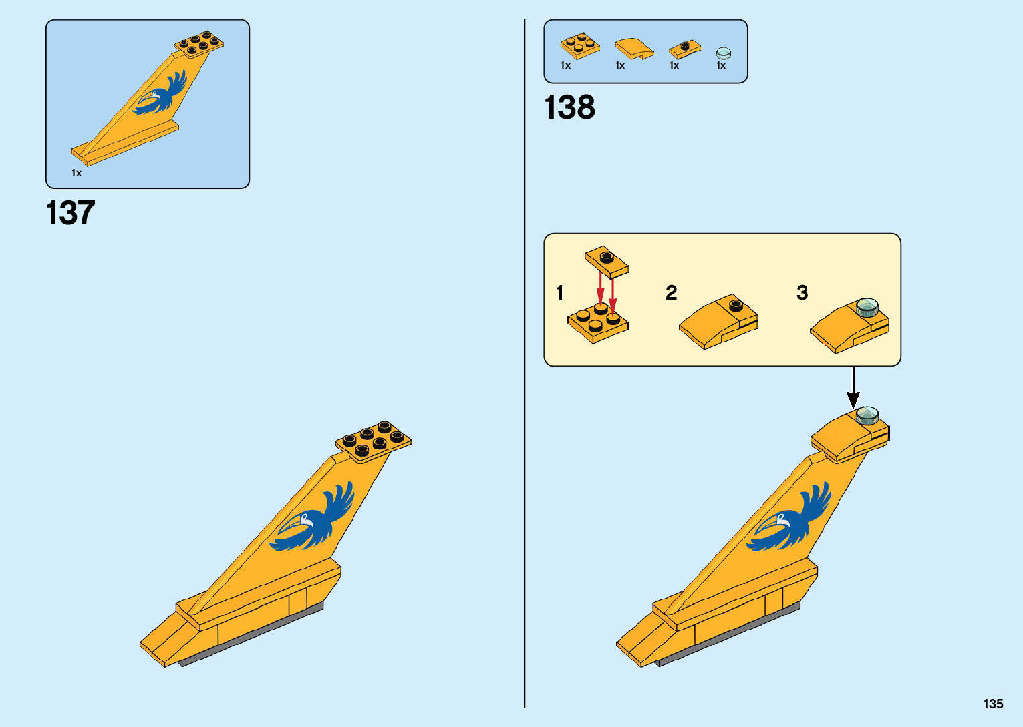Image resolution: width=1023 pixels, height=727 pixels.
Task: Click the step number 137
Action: [x=70, y=214]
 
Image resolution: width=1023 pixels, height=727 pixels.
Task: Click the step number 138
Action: [x=569, y=107]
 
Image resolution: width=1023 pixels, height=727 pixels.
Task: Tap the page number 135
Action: [x=993, y=704]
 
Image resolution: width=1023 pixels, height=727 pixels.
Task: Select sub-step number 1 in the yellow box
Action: [x=560, y=292]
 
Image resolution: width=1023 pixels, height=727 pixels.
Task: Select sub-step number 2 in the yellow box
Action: [x=671, y=292]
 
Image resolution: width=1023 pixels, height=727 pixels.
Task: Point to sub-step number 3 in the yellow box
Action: [x=802, y=292]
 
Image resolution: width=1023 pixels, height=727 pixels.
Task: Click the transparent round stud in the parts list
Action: [x=723, y=53]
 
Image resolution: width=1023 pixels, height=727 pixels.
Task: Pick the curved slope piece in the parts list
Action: [x=633, y=49]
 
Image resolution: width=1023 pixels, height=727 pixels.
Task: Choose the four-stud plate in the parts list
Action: [x=579, y=46]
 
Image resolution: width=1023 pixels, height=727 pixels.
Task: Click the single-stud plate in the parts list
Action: [x=684, y=49]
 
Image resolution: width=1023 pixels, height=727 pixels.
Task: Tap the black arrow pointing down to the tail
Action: [x=853, y=388]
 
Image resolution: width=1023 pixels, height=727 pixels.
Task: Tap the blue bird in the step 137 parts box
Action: [x=161, y=95]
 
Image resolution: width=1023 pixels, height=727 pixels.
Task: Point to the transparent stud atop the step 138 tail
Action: [x=867, y=415]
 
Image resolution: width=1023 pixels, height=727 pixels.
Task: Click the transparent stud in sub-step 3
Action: [x=867, y=308]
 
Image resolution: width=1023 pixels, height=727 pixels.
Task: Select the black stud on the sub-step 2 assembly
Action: [x=736, y=306]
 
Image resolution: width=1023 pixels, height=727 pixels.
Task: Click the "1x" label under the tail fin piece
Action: [x=77, y=173]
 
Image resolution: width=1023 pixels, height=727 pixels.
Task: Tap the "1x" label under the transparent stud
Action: [x=721, y=65]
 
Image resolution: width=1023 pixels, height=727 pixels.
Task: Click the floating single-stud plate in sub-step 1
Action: [x=607, y=260]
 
